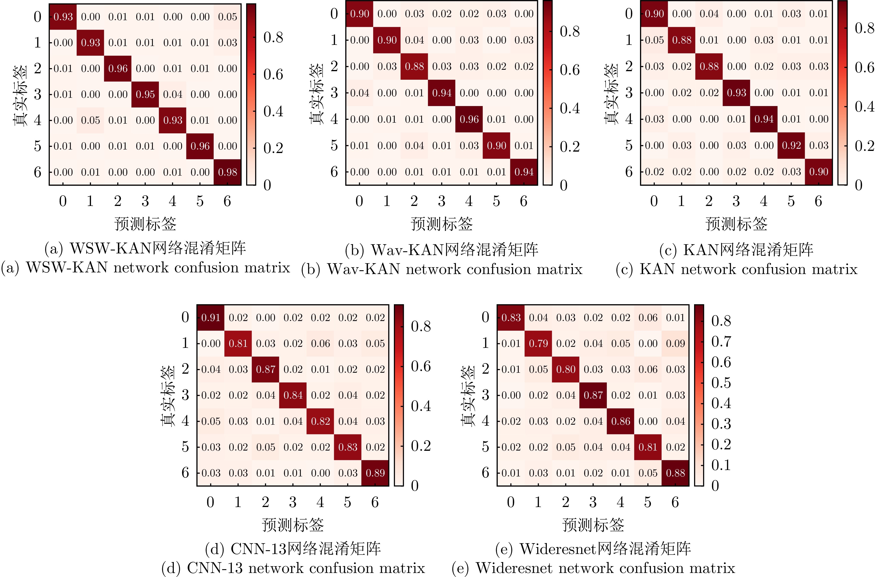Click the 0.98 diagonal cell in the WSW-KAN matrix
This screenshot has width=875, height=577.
click(227, 172)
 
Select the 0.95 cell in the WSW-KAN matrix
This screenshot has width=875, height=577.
click(145, 94)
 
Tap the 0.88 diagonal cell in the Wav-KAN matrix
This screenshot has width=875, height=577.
click(414, 66)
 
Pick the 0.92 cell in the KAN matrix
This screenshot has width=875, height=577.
click(791, 145)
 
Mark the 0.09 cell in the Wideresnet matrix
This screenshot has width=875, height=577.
click(675, 343)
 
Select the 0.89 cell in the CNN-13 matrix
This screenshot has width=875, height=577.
click(375, 473)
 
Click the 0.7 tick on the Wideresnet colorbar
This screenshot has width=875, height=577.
click(721, 341)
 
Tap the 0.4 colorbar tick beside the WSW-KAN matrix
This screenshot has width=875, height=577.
click(273, 111)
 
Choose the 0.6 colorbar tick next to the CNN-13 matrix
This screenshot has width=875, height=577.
click(421, 366)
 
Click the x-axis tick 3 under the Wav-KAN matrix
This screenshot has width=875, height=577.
click(441, 201)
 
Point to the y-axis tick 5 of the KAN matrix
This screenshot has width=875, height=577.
click(629, 145)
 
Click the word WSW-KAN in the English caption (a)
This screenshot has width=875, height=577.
click(67, 268)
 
